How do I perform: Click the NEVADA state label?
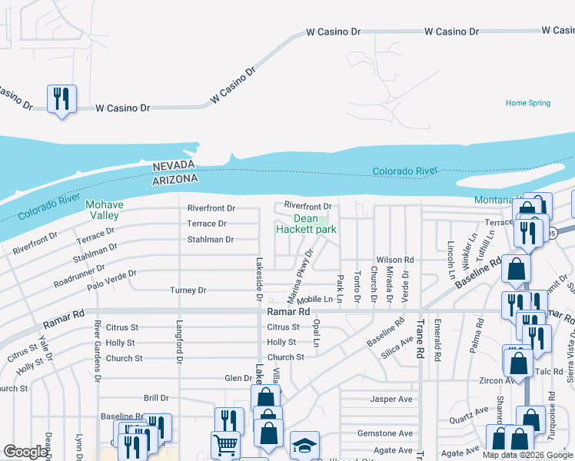pos(175,167)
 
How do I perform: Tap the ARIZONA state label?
pos(175,178)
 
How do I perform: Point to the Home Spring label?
pos(528,103)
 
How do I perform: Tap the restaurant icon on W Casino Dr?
pos(61,99)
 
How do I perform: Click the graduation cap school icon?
pos(304,446)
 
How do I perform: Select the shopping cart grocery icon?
pos(225,445)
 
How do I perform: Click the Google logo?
pos(25,452)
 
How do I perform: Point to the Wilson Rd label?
pos(395,260)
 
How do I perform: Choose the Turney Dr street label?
pos(188,290)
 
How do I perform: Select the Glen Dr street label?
pos(238,378)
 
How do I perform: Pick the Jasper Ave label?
pos(391,399)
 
